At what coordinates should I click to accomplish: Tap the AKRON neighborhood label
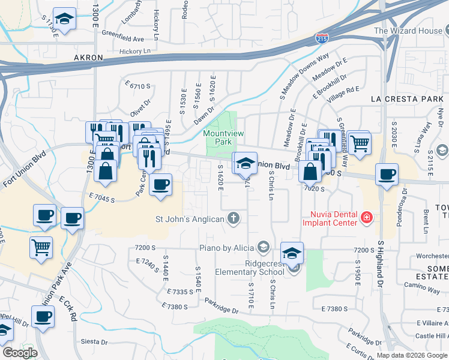point(88,58)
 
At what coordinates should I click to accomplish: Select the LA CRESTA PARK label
point(409,98)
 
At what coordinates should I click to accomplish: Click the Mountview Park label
point(217,137)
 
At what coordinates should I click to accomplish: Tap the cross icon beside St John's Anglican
point(234,218)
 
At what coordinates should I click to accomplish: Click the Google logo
point(19,352)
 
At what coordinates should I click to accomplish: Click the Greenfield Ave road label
point(123,38)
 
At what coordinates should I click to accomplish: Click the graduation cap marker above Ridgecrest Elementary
point(292,253)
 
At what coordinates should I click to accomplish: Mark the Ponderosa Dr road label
point(401,207)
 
